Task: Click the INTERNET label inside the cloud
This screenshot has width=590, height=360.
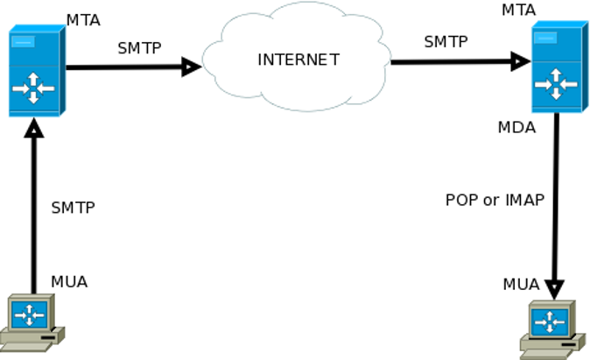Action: click(298, 60)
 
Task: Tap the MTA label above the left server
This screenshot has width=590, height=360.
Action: click(83, 20)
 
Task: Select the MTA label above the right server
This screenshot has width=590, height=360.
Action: click(518, 10)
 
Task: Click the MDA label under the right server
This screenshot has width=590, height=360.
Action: click(516, 128)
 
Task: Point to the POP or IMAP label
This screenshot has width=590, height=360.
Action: click(495, 200)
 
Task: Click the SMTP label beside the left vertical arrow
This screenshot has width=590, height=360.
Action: click(73, 208)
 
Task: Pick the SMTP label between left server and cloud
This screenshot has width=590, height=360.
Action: click(139, 48)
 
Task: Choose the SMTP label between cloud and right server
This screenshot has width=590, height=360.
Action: click(446, 41)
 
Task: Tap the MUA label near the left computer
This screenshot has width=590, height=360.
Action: click(69, 282)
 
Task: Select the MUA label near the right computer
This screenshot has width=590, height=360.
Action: click(521, 285)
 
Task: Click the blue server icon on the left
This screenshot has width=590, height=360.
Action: click(35, 71)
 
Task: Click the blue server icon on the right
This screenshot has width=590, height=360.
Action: click(558, 67)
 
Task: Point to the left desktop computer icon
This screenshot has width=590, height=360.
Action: click(32, 322)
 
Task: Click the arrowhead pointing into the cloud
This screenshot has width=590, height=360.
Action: click(192, 67)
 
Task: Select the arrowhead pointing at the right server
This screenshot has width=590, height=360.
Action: click(521, 61)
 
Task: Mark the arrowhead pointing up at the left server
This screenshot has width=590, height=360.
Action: click(33, 128)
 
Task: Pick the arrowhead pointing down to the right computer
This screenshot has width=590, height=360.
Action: click(554, 289)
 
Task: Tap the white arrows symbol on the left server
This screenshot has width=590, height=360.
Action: click(33, 88)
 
